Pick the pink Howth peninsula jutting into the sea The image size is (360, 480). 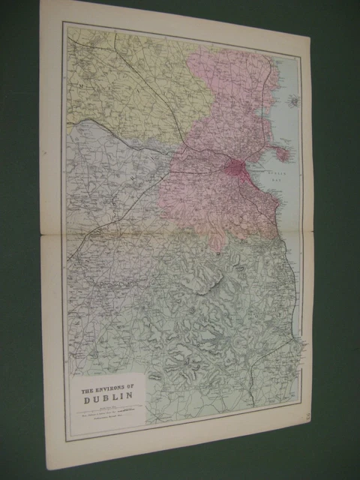[x=281, y=153]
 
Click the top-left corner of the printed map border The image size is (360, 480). [x=64, y=23]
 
